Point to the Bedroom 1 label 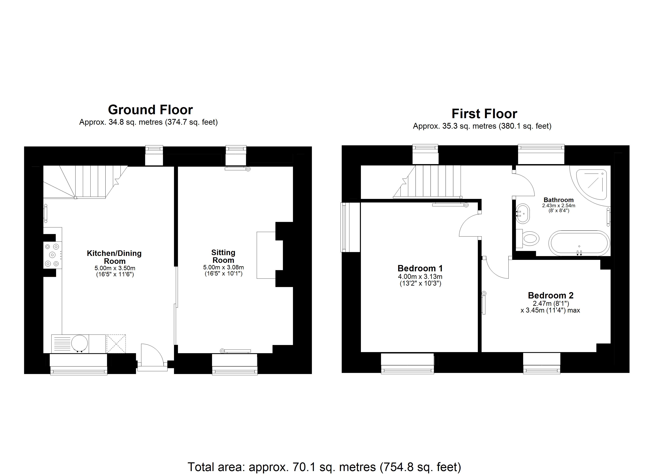420,268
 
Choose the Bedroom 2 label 551,295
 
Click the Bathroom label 558,200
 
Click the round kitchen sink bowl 79,343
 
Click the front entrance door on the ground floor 152,356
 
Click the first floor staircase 430,181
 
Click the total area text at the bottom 324,467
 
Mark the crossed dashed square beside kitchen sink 116,344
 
